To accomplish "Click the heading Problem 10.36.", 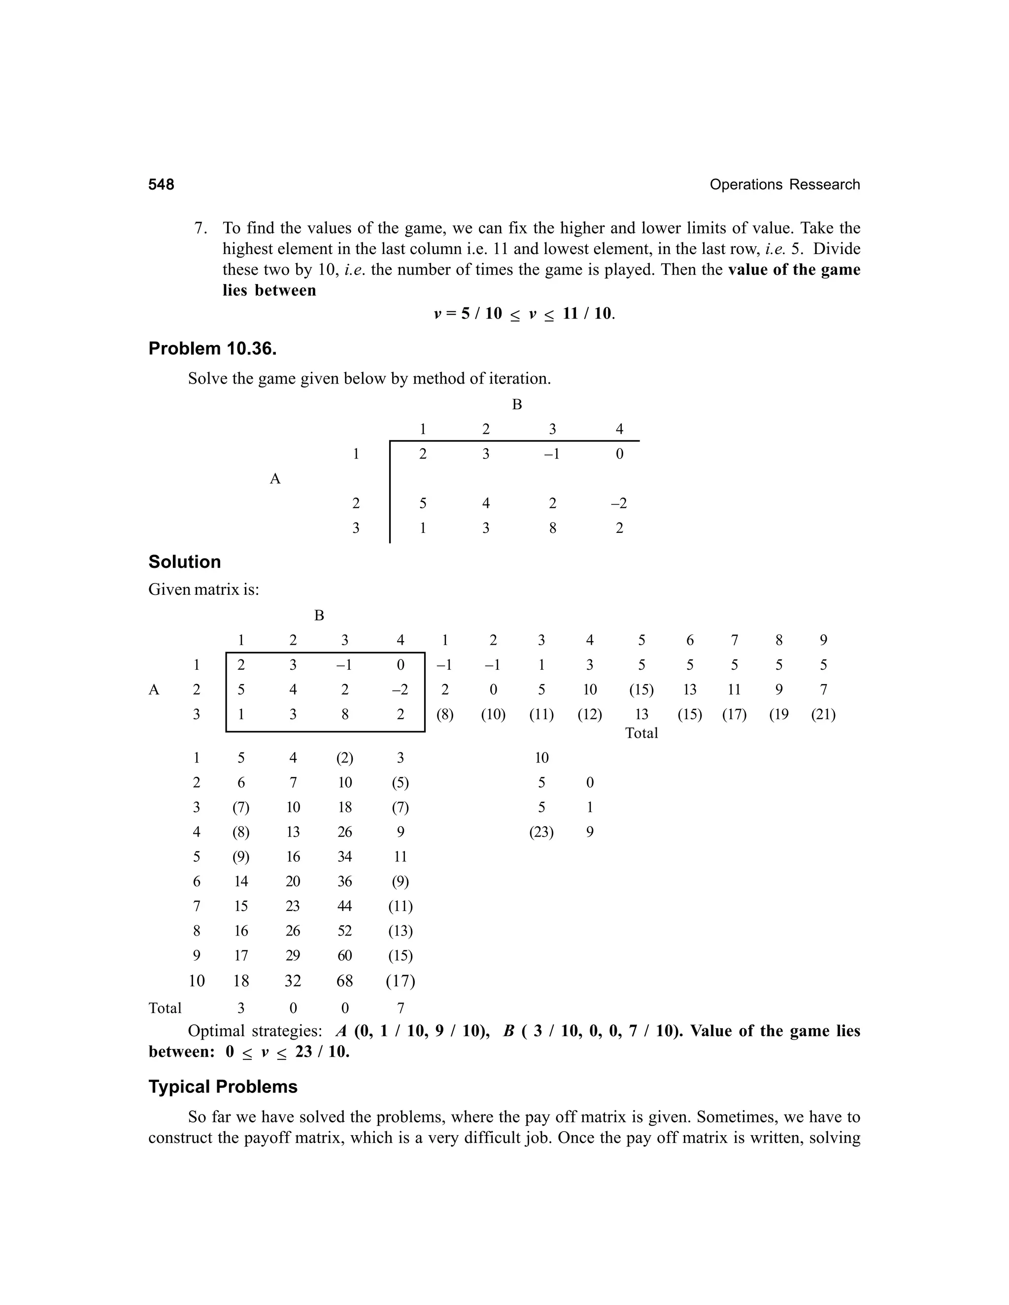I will point(212,348).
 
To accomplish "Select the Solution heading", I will point(184,562).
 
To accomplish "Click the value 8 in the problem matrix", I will point(552,528).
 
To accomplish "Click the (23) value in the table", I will point(541,832).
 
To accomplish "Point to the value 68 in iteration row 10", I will point(344,981).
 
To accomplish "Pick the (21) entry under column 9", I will point(823,715).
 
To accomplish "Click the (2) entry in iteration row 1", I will point(344,758).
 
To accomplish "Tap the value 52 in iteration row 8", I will point(344,931).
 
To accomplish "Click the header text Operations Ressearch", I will point(784,185).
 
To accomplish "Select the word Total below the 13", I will point(641,733).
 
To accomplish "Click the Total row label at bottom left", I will point(165,1009).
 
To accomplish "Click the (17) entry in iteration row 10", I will point(401,981).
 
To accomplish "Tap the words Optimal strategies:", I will point(255,1031).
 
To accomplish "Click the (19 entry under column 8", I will point(778,715).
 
